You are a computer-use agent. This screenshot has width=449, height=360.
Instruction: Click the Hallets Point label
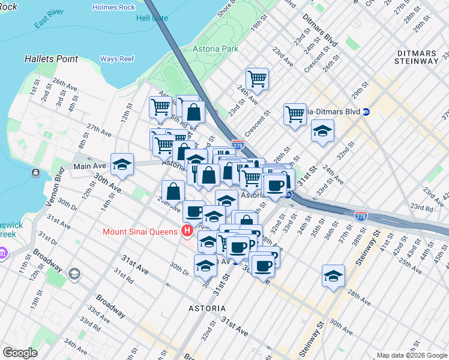pos(51,59)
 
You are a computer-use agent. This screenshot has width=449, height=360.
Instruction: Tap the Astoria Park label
pos(212,49)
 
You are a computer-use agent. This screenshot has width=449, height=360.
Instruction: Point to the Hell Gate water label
pos(152,18)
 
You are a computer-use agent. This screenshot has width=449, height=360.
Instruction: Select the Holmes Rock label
pos(114,7)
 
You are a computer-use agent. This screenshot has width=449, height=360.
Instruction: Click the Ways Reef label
pos(116,59)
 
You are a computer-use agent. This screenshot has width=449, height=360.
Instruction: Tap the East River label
pos(49,28)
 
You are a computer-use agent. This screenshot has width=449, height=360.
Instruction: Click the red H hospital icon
pos(187,231)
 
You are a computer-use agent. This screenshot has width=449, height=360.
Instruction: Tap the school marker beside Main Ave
pos(122,165)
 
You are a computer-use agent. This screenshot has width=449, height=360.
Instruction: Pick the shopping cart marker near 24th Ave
pos(257,78)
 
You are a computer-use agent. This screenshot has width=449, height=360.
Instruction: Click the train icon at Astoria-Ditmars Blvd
pos(366,112)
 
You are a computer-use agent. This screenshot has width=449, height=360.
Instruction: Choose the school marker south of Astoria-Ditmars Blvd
pos(323,131)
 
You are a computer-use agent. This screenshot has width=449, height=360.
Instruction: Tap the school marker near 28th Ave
pos(333,276)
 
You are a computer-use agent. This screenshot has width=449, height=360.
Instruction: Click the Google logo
pos(20,352)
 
